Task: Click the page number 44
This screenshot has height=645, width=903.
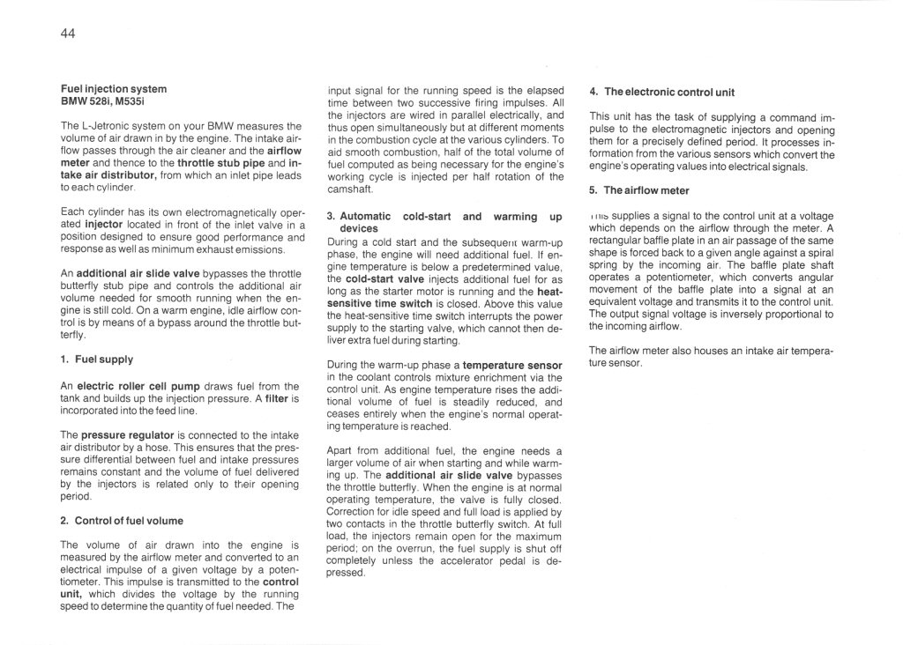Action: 68,34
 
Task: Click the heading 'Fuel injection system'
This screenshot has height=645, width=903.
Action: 114,89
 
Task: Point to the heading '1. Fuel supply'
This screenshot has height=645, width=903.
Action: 98,360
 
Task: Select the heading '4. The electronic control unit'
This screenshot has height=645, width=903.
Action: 662,92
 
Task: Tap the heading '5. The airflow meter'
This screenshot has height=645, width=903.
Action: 639,190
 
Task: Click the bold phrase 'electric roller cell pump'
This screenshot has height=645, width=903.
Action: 133,386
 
